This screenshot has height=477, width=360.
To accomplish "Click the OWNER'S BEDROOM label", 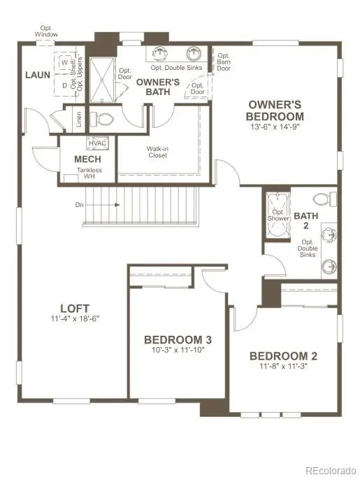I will click(x=276, y=111).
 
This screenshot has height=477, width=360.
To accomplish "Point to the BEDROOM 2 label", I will click(x=284, y=356).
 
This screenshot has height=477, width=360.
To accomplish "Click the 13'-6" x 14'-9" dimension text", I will click(x=276, y=128).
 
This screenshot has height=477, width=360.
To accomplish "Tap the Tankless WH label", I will click(x=89, y=173).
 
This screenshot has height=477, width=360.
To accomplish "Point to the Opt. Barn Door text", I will click(x=224, y=62).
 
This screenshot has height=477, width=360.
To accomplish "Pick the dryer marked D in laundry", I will click(x=64, y=85).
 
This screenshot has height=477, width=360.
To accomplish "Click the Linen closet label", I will click(x=77, y=120).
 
